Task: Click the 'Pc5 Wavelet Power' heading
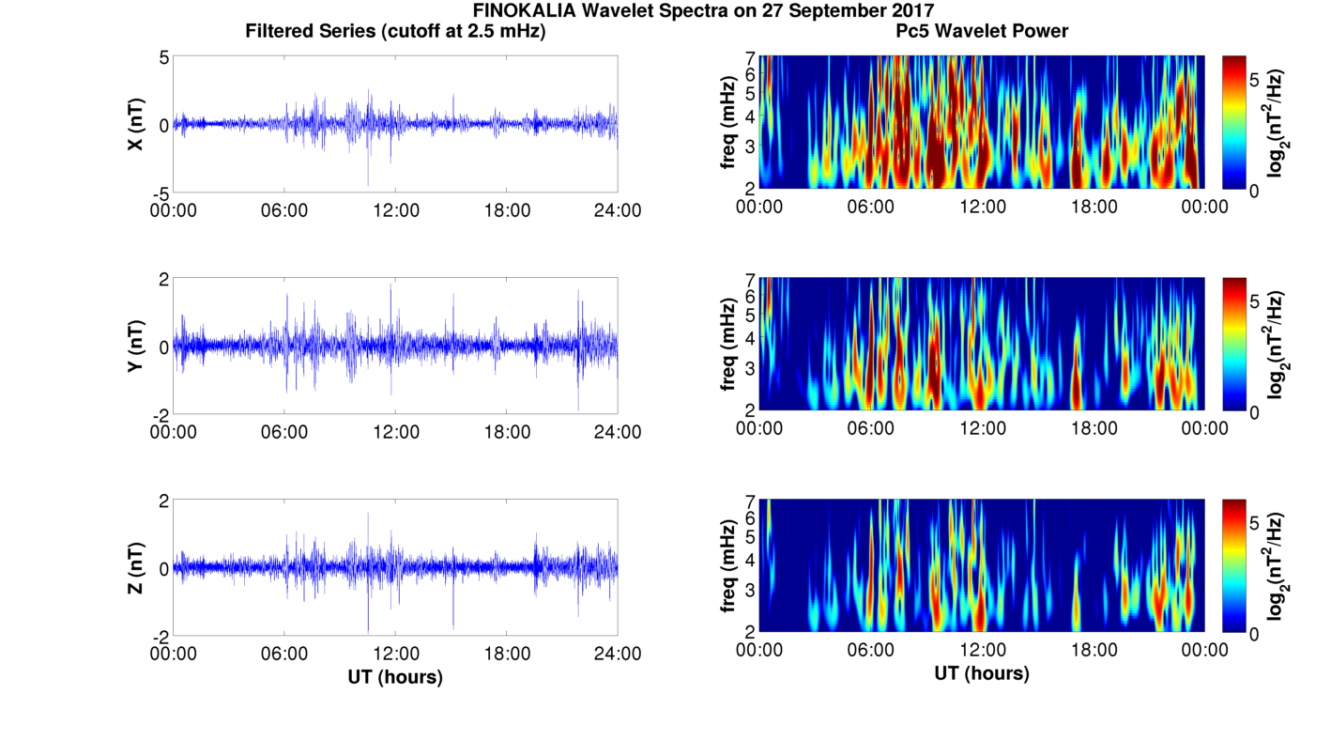982,32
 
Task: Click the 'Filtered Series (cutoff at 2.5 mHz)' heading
395,32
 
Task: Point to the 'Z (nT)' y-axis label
136,567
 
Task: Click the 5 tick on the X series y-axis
163,57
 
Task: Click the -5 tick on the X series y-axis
160,192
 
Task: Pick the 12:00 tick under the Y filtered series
396,432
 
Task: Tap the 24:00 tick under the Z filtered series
618,653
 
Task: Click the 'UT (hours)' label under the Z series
395,676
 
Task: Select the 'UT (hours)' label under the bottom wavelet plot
982,673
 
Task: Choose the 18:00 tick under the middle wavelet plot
1094,428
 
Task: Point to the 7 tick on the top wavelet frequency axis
751,58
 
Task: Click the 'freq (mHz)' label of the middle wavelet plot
727,345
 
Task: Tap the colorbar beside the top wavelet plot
1234,122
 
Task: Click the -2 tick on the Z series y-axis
160,635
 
